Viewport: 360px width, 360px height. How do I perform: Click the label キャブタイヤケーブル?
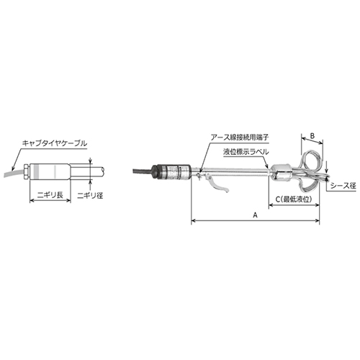(x=54, y=143)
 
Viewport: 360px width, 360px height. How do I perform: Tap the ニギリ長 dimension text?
(x=50, y=192)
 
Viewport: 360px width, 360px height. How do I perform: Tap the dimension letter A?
(x=255, y=215)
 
